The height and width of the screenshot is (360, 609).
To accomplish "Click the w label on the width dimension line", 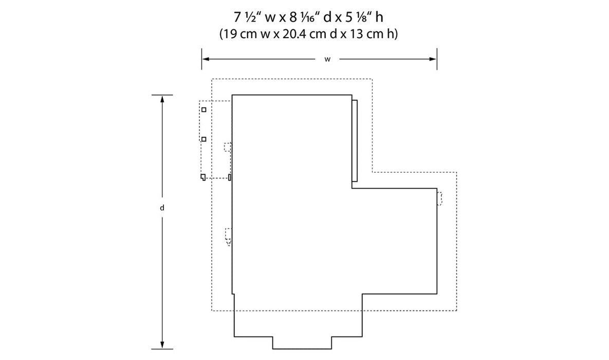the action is click(327, 60).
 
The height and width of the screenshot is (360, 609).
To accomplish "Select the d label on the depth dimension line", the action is click(162, 208).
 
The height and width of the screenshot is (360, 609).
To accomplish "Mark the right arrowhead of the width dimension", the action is click(433, 59).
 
